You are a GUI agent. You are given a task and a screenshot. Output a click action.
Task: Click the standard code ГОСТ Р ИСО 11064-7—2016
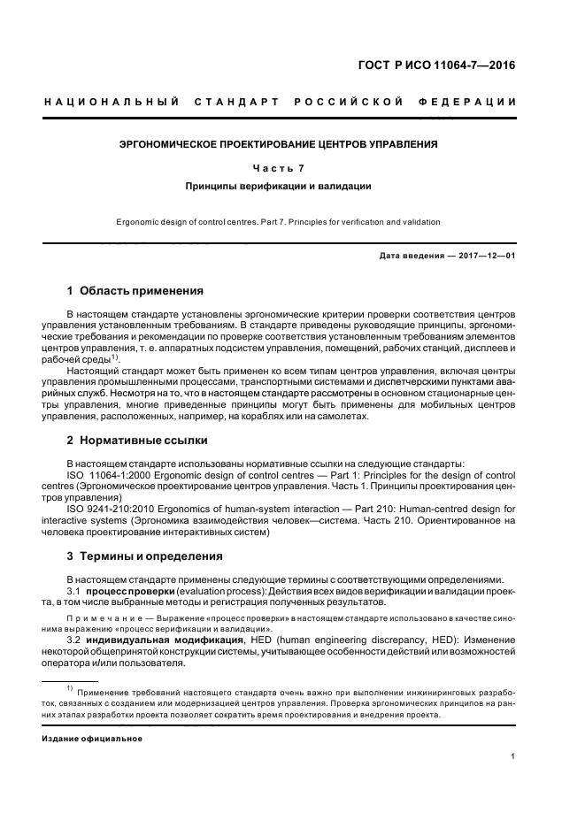pos(450,65)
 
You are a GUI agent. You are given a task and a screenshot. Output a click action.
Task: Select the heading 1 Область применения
pos(135,290)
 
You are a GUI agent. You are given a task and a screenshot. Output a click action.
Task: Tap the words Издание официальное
pos(91,737)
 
